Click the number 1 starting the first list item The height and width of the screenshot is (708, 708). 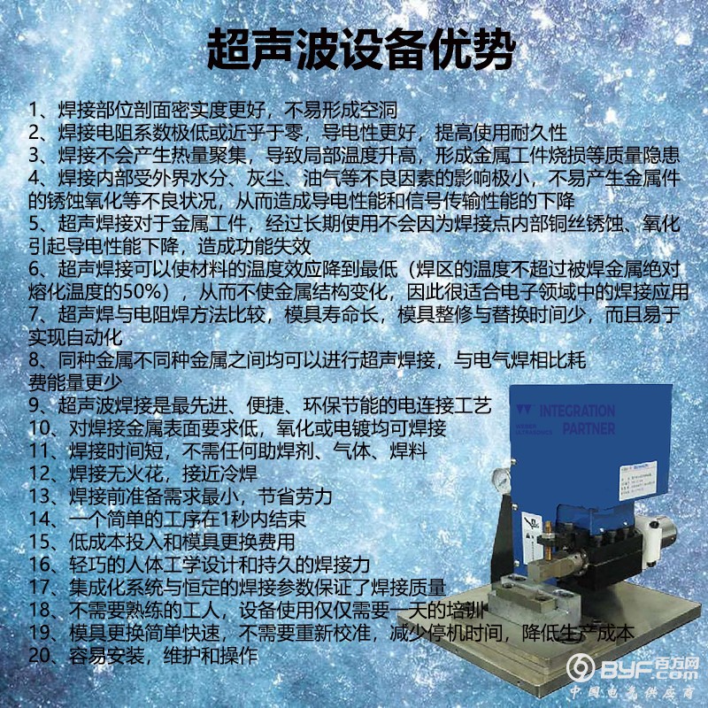coord(34,112)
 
